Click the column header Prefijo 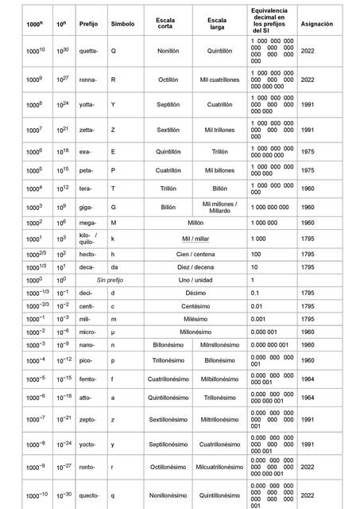(x=88, y=25)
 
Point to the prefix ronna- (x=89, y=80)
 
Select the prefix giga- (x=87, y=207)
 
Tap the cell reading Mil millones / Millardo (x=219, y=207)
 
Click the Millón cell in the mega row (x=195, y=224)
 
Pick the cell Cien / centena (x=195, y=254)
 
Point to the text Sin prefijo (x=111, y=281)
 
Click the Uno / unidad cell (x=195, y=281)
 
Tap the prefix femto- (x=90, y=379)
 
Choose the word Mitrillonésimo (x=219, y=418)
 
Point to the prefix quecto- (x=90, y=495)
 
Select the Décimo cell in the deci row (x=195, y=293)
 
